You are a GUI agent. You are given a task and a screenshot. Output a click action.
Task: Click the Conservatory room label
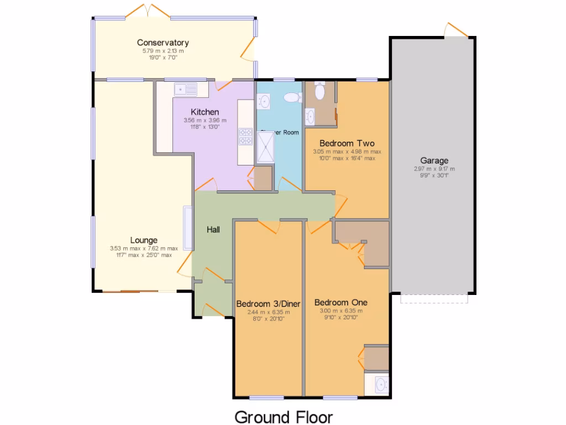[x=163, y=43]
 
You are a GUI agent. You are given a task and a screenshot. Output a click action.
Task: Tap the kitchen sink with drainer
[x=185, y=89]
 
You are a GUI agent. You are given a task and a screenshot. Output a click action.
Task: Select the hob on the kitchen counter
[x=245, y=136]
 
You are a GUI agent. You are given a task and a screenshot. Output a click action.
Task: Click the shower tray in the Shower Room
[x=266, y=147]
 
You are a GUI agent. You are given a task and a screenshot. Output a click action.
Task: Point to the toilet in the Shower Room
[x=291, y=97]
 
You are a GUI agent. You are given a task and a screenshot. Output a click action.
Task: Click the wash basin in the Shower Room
[x=264, y=101]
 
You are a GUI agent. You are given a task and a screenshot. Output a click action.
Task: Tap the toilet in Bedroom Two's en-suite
[x=319, y=91]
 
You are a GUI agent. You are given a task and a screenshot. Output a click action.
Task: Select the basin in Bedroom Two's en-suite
[x=310, y=117]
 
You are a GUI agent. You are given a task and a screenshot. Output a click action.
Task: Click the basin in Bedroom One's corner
[x=380, y=383]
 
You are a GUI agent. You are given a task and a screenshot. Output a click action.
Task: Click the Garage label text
[x=434, y=161]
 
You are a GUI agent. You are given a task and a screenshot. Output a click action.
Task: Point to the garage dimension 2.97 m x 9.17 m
[x=434, y=169]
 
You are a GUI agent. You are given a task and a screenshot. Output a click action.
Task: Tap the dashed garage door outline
[x=434, y=299]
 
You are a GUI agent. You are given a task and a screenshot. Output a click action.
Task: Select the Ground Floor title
[x=284, y=416]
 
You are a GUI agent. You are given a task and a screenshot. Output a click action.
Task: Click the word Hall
[x=214, y=229]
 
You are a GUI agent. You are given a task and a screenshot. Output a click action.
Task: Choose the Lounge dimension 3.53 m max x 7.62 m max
[x=144, y=248]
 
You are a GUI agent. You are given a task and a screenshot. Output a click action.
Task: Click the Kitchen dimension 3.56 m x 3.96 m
[x=205, y=120]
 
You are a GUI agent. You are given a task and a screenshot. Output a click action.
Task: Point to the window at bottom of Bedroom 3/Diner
[x=266, y=397]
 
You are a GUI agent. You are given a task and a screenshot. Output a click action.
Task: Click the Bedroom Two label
[x=343, y=143]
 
